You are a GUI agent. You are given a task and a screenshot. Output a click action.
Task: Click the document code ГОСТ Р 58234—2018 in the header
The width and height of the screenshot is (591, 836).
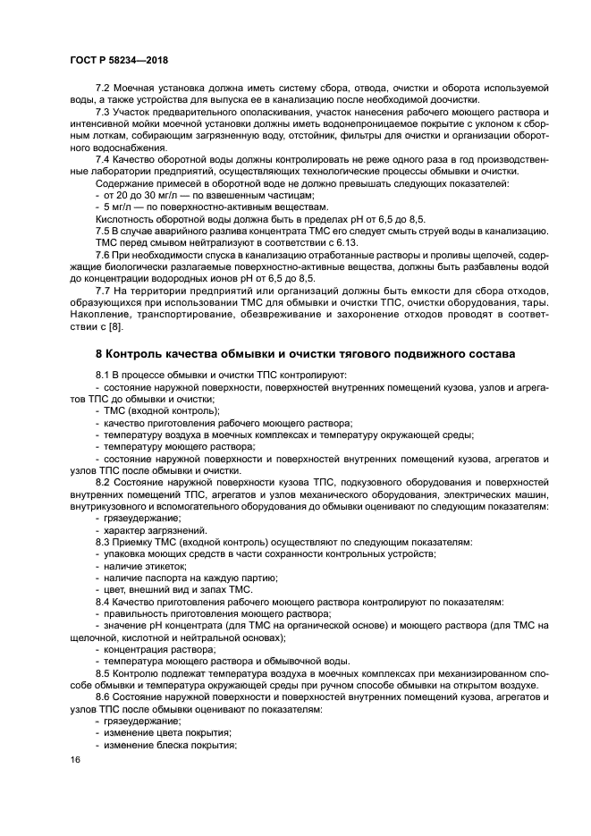click(119, 59)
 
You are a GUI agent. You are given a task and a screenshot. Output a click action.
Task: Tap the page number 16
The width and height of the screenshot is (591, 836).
click(76, 759)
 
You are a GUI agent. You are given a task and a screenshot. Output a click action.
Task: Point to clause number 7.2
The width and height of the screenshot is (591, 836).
click(104, 88)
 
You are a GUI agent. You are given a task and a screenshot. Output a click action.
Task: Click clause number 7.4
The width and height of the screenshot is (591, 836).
click(104, 159)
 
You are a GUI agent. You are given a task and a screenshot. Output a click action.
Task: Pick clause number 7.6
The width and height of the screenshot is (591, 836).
click(104, 255)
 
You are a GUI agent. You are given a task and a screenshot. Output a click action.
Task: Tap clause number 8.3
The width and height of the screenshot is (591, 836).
click(104, 542)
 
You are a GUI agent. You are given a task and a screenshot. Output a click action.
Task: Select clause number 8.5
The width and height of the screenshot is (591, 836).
click(104, 672)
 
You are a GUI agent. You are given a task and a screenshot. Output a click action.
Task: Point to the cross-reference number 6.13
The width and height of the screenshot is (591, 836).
click(344, 242)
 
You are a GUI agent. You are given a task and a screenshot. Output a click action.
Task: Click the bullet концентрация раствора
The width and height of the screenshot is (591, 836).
click(153, 649)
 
